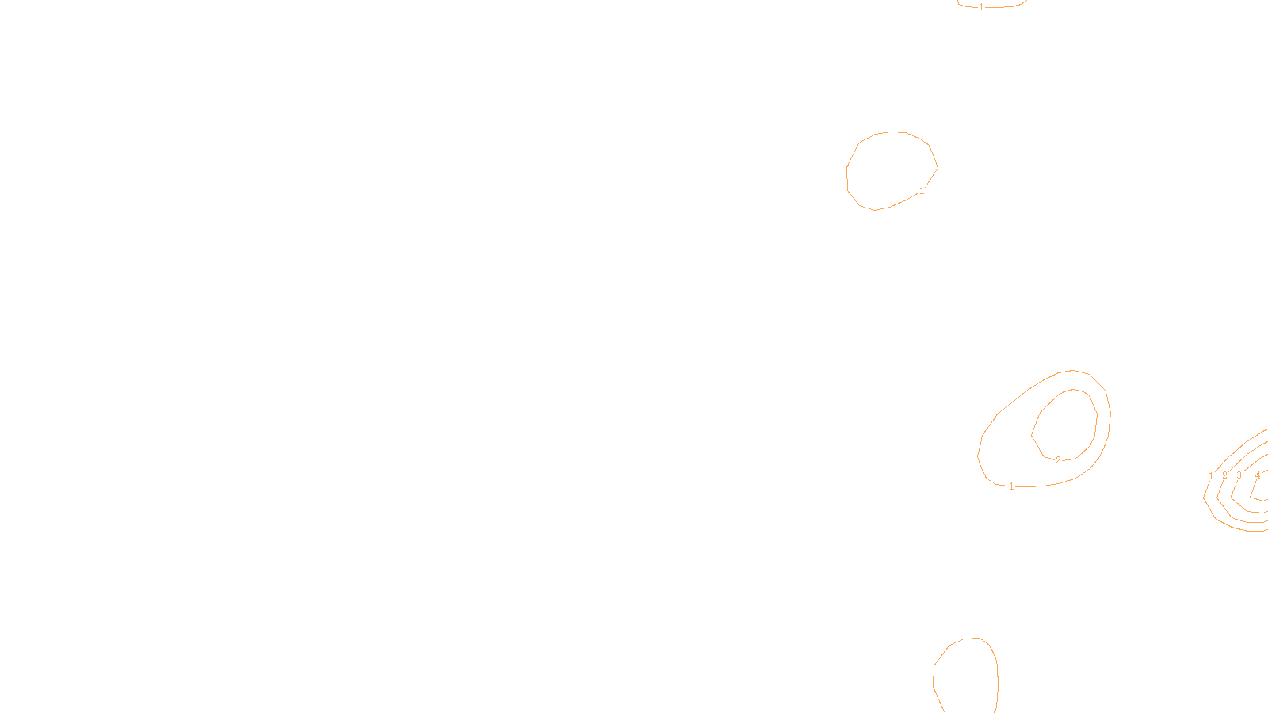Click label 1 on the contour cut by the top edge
coord(981,7)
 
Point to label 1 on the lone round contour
coord(922,191)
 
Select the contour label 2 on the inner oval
coord(1058,460)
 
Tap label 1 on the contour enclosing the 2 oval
coord(1011,486)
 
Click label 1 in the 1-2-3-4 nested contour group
coord(1211,476)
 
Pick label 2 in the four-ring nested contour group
coord(1224,475)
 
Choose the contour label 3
coord(1239,475)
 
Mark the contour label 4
coord(1258,475)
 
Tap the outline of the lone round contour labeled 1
coord(847,170)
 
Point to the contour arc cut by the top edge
coord(1006,7)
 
